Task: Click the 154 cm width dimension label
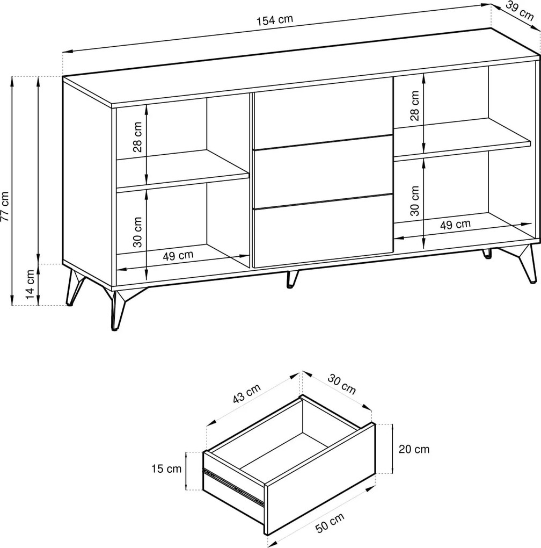(x=275, y=20)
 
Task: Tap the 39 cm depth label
(x=520, y=11)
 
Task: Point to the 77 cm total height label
(x=5, y=206)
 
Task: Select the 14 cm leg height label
(x=31, y=285)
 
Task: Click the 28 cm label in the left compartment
(x=138, y=137)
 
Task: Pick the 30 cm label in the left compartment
(x=138, y=232)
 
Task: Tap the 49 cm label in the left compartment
(x=178, y=256)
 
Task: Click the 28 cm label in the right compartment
(x=414, y=106)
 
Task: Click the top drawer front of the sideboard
(x=323, y=113)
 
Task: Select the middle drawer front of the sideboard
(x=323, y=172)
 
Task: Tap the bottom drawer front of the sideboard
(x=323, y=232)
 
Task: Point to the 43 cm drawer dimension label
(x=247, y=394)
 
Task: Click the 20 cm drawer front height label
(x=414, y=449)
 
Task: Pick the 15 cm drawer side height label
(x=166, y=468)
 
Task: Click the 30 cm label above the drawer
(x=342, y=384)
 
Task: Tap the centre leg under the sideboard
(x=292, y=278)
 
